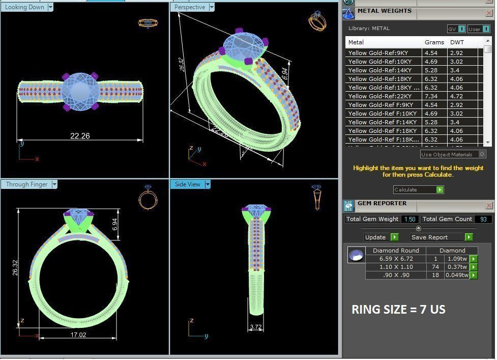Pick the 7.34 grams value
pos(431,96)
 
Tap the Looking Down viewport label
pos(24,7)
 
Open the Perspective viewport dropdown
pos(212,7)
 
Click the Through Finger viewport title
pos(26,184)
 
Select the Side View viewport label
pos(187,184)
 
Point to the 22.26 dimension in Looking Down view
pos(80,135)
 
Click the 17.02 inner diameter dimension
pos(78,335)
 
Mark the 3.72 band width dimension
pos(256,326)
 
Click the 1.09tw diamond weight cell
pos(457,259)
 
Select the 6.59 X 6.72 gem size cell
pos(396,259)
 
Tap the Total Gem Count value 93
pos(482,219)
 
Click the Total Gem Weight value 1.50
pos(409,219)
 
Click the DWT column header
pos(457,42)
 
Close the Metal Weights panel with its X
pos(489,11)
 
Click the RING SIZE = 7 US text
pos(398,309)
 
